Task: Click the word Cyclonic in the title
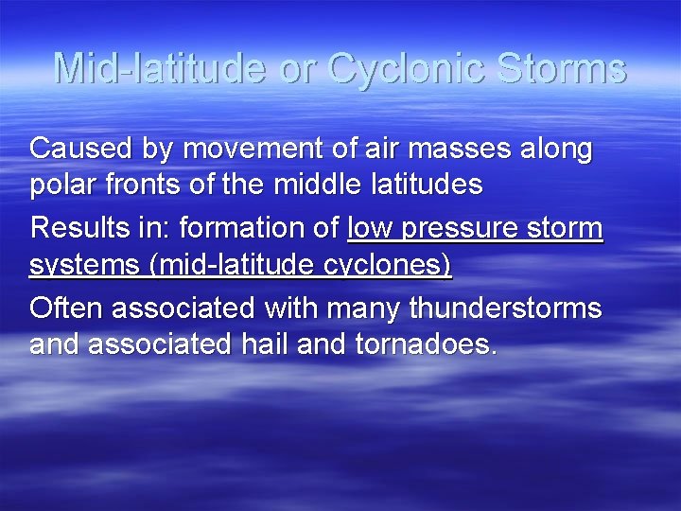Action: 406,69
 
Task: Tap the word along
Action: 555,149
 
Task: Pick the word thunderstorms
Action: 506,308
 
